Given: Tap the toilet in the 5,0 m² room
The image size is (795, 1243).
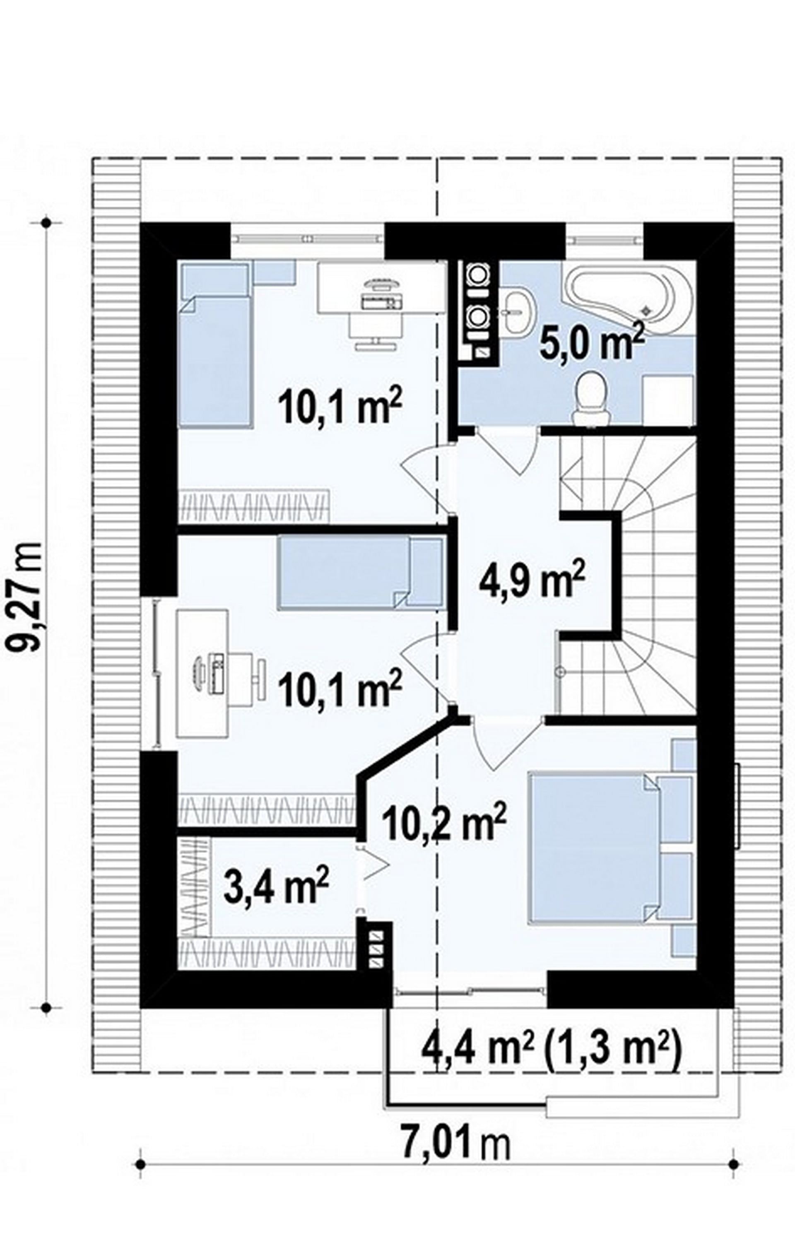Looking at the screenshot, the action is click(592, 394).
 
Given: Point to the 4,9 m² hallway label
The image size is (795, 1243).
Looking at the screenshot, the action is click(532, 581).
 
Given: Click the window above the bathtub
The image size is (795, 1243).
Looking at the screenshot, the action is click(604, 239).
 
